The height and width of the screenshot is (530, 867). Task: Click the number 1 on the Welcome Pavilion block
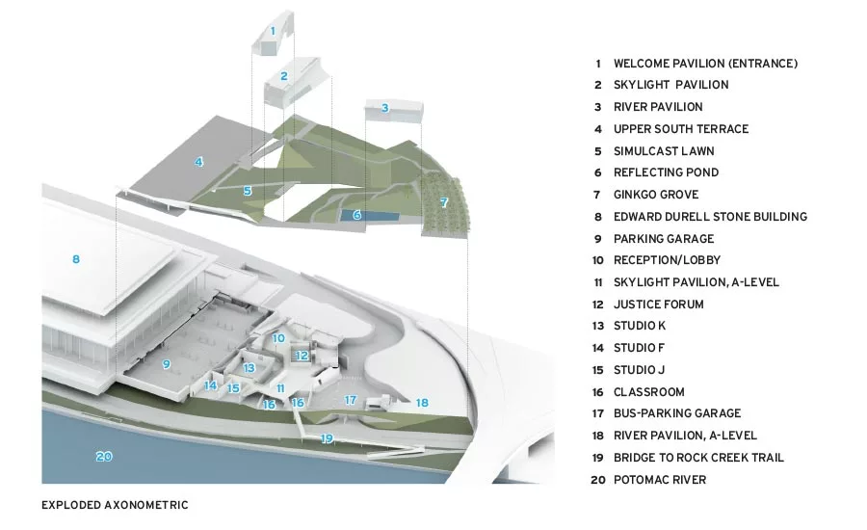pyautogui.click(x=273, y=31)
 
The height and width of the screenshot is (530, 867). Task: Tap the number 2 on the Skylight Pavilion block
pyautogui.click(x=284, y=76)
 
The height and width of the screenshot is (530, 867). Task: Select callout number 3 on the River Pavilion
pyautogui.click(x=384, y=108)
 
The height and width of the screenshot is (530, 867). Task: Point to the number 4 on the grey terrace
pyautogui.click(x=198, y=162)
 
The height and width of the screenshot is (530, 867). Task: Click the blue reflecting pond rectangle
pyautogui.click(x=369, y=216)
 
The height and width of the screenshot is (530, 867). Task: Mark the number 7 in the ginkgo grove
pyautogui.click(x=444, y=202)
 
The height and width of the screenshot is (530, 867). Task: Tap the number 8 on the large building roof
pyautogui.click(x=76, y=259)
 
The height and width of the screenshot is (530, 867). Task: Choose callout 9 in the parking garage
pyautogui.click(x=166, y=364)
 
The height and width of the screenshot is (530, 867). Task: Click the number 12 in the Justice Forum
pyautogui.click(x=302, y=356)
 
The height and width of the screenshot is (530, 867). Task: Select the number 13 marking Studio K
pyautogui.click(x=249, y=367)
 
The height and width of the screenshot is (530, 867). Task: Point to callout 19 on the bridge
pyautogui.click(x=327, y=438)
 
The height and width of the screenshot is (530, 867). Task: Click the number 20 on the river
pyautogui.click(x=104, y=457)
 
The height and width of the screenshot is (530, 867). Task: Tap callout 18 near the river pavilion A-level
pyautogui.click(x=422, y=403)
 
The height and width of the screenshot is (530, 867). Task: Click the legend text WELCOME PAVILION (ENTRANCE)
pyautogui.click(x=705, y=64)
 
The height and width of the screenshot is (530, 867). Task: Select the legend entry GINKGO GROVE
pyautogui.click(x=656, y=195)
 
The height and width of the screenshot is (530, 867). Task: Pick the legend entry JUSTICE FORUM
pyautogui.click(x=659, y=305)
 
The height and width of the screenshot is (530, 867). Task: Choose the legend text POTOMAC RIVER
pyautogui.click(x=660, y=480)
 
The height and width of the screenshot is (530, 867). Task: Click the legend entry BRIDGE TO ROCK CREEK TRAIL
pyautogui.click(x=699, y=458)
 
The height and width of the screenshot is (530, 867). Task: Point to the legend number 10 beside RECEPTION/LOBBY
pyautogui.click(x=597, y=260)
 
